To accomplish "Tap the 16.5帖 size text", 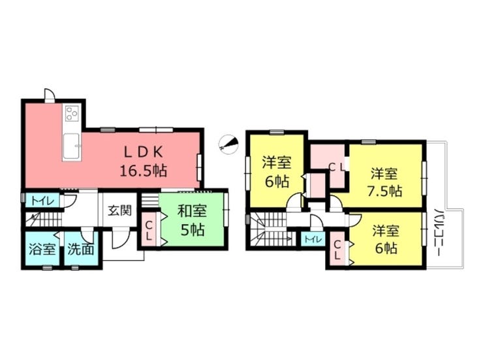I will [143, 171].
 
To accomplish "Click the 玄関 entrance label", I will [119, 211].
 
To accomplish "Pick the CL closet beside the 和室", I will [149, 229].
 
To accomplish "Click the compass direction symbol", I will [228, 143].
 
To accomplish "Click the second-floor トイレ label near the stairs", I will [312, 240].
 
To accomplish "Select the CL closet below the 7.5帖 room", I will [338, 248].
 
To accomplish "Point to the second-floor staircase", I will [266, 230].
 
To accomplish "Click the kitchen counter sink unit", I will [71, 145].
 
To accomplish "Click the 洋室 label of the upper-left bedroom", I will [276, 162].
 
